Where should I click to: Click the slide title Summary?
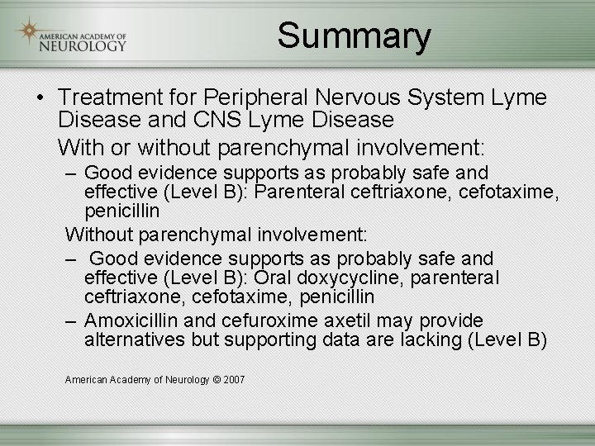coord(354,36)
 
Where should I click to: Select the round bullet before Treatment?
coord(40,98)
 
